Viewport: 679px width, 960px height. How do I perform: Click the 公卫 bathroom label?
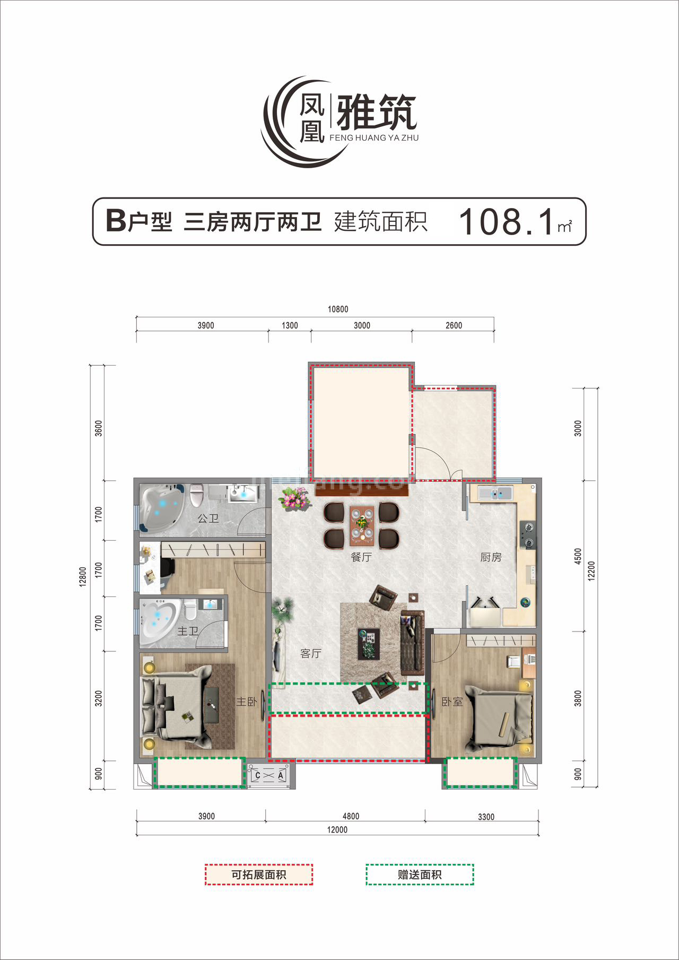point(208,518)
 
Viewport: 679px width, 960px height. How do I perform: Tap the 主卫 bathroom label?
point(187,631)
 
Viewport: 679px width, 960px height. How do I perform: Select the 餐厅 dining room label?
point(361,557)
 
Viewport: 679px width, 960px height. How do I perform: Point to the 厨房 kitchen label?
point(491,557)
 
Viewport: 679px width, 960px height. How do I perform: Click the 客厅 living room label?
point(310,653)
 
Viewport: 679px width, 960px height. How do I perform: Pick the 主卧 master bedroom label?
point(246,702)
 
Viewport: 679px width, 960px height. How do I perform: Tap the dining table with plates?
point(362,525)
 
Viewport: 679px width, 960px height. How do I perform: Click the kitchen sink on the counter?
point(495,494)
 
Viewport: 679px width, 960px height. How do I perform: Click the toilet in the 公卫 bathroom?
point(196,495)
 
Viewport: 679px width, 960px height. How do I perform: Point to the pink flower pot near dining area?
point(295,499)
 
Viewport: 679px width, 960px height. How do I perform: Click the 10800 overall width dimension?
point(338,309)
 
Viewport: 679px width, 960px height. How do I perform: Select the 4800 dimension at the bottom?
point(351,816)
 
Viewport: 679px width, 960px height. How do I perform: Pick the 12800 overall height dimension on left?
point(82,576)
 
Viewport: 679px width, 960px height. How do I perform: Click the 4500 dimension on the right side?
point(578,556)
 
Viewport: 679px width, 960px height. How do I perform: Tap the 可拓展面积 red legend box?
point(259,875)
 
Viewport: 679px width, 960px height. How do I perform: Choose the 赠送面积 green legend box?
point(420,875)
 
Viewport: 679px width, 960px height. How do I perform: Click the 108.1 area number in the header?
point(507,222)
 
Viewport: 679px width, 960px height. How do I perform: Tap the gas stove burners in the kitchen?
point(528,534)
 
